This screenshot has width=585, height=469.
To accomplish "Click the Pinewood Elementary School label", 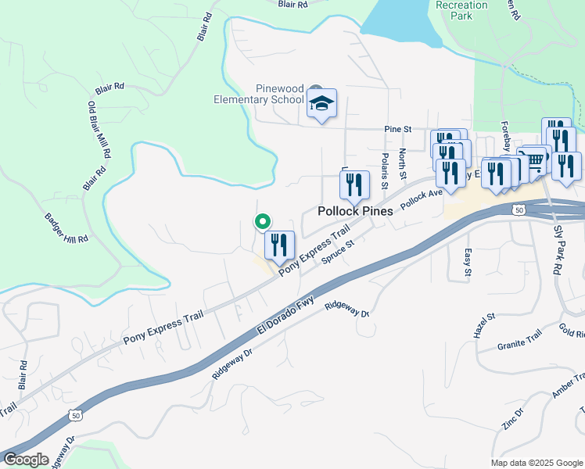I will click(259, 94).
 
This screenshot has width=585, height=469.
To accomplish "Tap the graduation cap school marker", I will click(321, 103).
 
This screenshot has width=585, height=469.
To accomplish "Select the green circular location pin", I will click(264, 222).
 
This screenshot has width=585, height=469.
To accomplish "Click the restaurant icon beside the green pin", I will click(280, 245).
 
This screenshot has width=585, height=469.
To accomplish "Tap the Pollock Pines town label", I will click(354, 212).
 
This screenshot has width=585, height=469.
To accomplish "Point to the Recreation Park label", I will click(461, 10).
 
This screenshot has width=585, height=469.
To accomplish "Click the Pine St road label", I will click(397, 129).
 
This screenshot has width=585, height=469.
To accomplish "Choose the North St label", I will click(403, 162).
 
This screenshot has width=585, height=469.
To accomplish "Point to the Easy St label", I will click(468, 263).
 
